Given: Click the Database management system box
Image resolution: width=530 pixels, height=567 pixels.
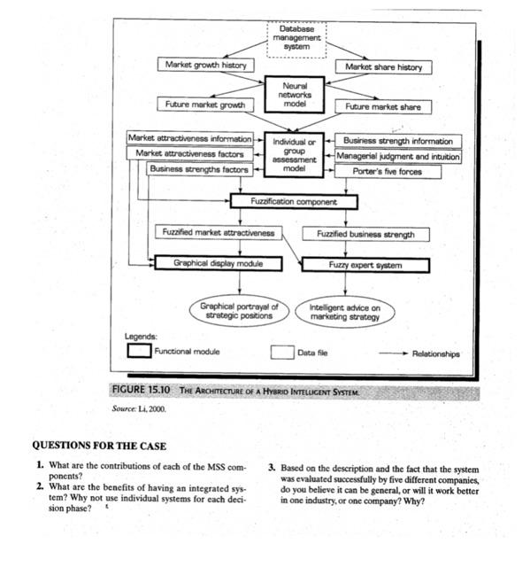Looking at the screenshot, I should (x=296, y=37).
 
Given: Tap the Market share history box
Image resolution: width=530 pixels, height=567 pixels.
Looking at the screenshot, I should (x=383, y=67).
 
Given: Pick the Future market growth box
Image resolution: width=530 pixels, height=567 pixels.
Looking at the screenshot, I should (x=205, y=105).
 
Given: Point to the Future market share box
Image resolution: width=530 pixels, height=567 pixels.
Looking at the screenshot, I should (x=382, y=106).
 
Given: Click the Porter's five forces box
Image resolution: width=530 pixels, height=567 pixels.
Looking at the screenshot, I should (x=387, y=172).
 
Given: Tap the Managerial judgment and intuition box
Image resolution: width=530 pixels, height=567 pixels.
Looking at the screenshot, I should (x=397, y=156).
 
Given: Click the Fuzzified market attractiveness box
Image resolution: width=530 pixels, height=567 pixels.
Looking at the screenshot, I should (x=218, y=233).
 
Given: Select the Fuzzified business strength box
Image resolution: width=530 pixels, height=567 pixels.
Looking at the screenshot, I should (x=365, y=235).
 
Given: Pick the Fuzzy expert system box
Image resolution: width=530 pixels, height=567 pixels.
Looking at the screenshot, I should (x=365, y=264).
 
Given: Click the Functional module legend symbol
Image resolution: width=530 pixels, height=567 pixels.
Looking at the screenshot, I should (x=138, y=351).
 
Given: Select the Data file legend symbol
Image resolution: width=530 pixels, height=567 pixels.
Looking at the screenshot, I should (x=281, y=352).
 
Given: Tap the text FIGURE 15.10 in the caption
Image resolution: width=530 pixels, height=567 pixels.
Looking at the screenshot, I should (x=142, y=391).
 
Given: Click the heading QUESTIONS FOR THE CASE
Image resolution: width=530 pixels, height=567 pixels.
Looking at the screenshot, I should (x=98, y=446).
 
